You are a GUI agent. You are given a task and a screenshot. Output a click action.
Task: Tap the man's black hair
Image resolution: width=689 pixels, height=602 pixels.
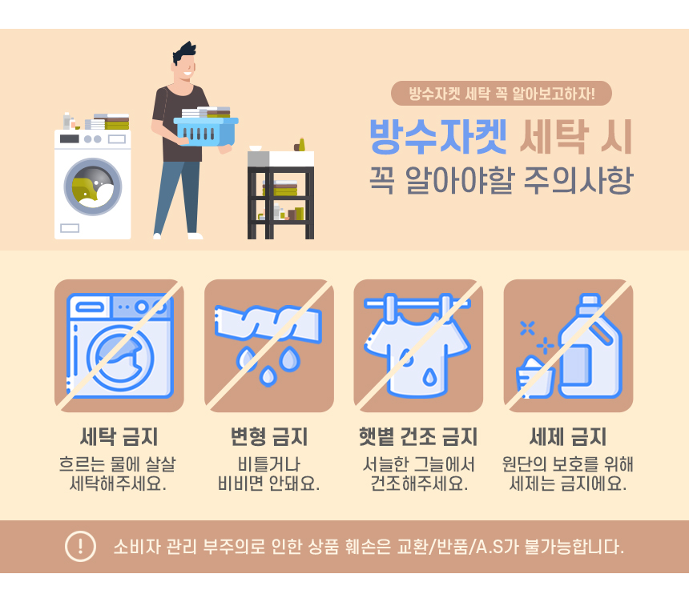click(184, 53)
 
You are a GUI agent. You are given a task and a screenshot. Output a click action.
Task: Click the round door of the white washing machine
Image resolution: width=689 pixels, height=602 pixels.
click(93, 187)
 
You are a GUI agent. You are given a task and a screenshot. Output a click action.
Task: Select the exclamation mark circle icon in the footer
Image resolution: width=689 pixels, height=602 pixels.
click(80, 546)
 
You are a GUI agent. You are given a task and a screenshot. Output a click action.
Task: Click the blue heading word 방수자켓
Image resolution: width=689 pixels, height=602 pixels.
click(438, 137)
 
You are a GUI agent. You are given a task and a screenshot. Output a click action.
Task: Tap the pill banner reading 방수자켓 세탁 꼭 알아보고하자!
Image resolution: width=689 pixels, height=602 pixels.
click(502, 93)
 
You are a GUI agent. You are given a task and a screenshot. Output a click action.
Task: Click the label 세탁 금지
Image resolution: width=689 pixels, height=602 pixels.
click(119, 436)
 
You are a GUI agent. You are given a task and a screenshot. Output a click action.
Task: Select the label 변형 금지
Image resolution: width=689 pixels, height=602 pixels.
click(269, 436)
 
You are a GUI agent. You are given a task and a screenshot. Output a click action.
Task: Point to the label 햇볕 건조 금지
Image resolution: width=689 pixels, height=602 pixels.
click(418, 436)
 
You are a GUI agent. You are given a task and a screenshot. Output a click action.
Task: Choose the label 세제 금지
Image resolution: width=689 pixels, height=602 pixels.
click(568, 436)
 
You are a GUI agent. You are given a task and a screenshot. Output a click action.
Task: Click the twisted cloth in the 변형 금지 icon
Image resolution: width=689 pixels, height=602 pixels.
click(268, 323)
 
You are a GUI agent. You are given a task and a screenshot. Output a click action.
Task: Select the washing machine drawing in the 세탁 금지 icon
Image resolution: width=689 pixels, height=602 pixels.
click(119, 346)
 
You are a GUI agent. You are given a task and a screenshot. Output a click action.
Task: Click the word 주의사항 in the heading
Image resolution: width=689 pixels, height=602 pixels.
click(578, 179)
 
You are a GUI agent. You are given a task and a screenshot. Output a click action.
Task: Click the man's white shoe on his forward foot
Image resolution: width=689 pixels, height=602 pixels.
click(195, 236)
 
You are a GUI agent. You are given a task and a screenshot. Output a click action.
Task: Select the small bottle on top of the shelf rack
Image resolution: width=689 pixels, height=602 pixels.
click(301, 145)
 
